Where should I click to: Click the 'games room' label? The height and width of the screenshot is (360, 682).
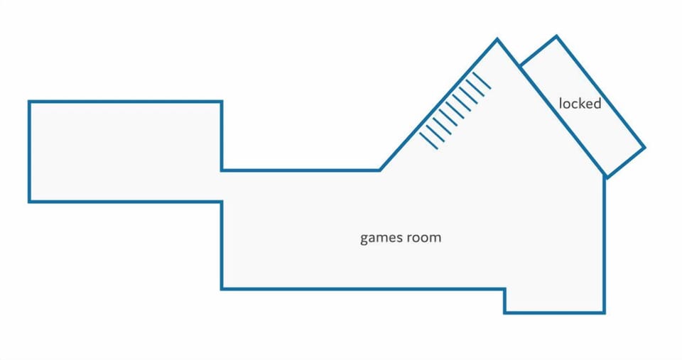(x=401, y=239)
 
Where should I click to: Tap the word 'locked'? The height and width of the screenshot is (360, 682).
(x=580, y=104)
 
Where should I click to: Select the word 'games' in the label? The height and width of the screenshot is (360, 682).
(x=379, y=239)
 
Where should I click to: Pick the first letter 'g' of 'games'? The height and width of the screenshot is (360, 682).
(x=364, y=239)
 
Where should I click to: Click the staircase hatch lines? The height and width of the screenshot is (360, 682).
(x=455, y=111)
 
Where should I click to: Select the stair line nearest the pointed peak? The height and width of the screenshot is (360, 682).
(x=482, y=81)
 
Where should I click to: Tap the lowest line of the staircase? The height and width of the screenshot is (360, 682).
(x=429, y=141)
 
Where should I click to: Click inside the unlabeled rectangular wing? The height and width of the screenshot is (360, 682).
(x=125, y=151)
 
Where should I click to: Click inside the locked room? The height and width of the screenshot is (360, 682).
(x=583, y=107)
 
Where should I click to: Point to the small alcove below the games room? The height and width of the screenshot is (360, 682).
(x=555, y=300)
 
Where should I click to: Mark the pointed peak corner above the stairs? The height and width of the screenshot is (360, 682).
(x=497, y=40)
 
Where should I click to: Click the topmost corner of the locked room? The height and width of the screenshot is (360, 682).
(x=556, y=36)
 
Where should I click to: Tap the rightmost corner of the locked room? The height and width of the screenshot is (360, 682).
(x=644, y=148)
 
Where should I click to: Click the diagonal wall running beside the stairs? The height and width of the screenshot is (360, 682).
(x=438, y=105)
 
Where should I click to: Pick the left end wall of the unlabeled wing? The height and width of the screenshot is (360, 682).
(x=29, y=151)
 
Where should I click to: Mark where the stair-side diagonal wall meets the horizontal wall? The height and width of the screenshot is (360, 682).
(x=379, y=170)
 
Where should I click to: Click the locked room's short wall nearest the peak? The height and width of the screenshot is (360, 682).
(x=538, y=51)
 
